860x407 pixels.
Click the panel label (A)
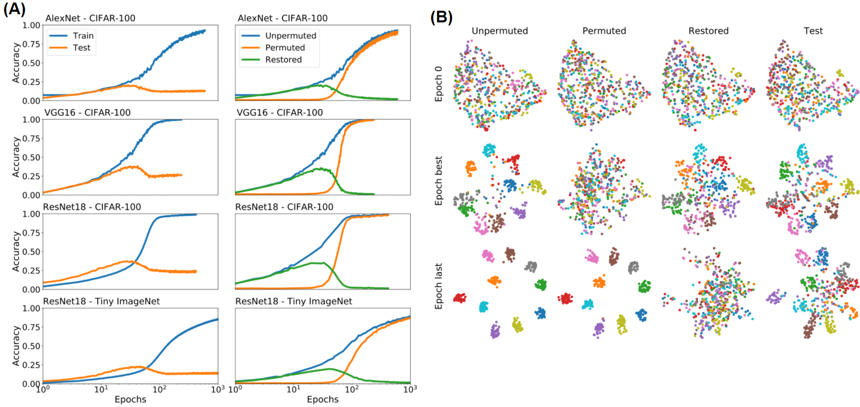(14, 9)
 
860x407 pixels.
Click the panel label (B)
(441, 17)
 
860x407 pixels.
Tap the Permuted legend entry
(285, 48)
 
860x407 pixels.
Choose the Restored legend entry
(283, 60)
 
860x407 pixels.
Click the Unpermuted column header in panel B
(499, 31)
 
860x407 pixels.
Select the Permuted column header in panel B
(604, 31)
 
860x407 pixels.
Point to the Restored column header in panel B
(708, 31)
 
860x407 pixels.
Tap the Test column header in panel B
(813, 31)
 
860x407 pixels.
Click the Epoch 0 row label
(439, 84)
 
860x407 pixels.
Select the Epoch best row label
(439, 181)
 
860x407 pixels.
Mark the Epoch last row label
(439, 286)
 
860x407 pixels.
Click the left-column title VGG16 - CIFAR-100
(87, 112)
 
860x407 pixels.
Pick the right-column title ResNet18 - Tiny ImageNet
(293, 301)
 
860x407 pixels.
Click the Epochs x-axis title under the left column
(130, 399)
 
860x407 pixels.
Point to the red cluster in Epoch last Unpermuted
(460, 298)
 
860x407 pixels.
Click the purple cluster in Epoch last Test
(775, 297)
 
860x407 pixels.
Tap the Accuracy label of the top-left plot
(16, 63)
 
